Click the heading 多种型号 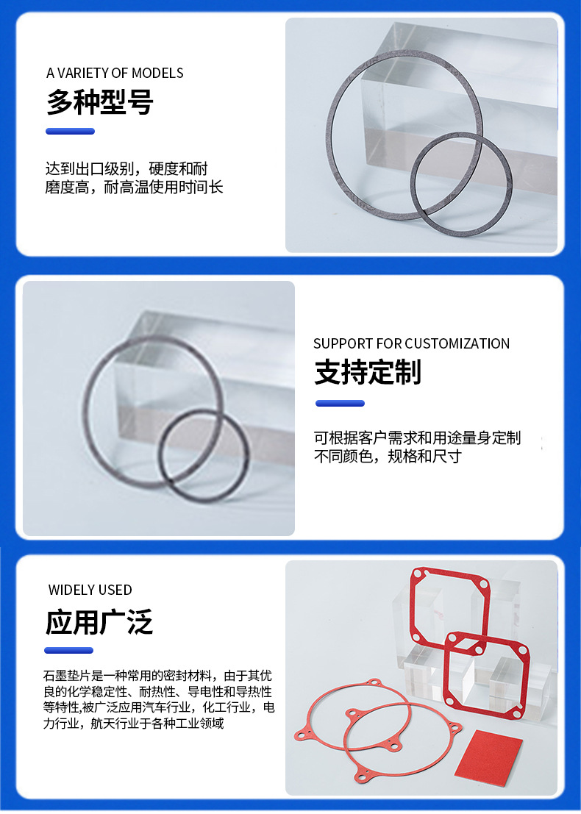pos(100,101)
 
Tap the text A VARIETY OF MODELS pos(115,74)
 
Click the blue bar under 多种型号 pos(70,132)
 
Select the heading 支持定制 pos(368,371)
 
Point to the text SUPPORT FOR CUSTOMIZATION pos(411,343)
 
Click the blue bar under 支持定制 pos(340,404)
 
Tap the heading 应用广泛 pos(99,622)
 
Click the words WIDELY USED pos(90,590)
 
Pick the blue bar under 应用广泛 pos(69,651)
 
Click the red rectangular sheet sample pos(488,758)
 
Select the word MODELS pos(158,74)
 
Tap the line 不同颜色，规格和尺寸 pos(388,457)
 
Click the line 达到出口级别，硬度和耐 pos(126,168)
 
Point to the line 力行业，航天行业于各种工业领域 pos(133,723)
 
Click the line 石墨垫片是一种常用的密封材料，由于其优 pos(158,675)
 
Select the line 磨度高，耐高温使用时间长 pos(134,187)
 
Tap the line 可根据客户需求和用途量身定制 pos(418,438)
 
